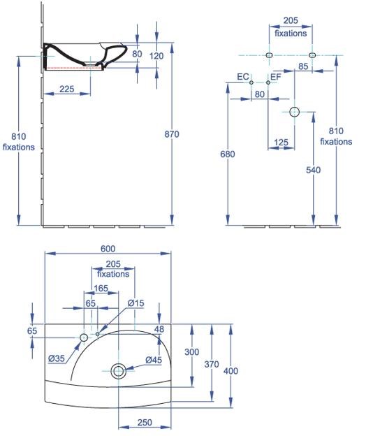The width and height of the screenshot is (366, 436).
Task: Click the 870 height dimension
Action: (x=172, y=134)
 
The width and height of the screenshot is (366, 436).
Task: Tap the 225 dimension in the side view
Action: (x=67, y=89)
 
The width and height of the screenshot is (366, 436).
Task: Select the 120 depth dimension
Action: (x=156, y=56)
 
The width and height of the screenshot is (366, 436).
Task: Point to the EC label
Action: (x=243, y=76)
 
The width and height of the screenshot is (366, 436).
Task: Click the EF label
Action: (x=276, y=76)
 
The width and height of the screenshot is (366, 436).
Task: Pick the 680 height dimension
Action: (x=227, y=154)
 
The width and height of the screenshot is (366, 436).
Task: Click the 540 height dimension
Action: (x=313, y=170)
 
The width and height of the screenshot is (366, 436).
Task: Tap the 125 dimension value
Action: (x=281, y=143)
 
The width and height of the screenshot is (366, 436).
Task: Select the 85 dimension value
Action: (x=303, y=66)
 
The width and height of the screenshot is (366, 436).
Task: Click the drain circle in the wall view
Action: (x=294, y=112)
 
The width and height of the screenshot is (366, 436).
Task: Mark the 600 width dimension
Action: (x=108, y=248)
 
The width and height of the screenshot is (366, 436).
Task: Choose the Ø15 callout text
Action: (x=136, y=303)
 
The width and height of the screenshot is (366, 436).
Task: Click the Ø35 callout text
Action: (x=57, y=358)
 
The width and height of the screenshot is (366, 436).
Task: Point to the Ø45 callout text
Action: (x=154, y=360)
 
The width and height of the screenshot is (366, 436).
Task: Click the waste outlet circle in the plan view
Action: (x=118, y=371)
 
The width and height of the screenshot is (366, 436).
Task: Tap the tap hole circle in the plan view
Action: (x=84, y=337)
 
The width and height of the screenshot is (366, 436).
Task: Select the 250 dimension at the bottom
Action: (x=145, y=423)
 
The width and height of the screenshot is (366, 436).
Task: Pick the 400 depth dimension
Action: (x=230, y=370)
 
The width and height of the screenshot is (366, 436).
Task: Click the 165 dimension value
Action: (x=101, y=288)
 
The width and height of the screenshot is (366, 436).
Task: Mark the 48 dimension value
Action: (x=159, y=329)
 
